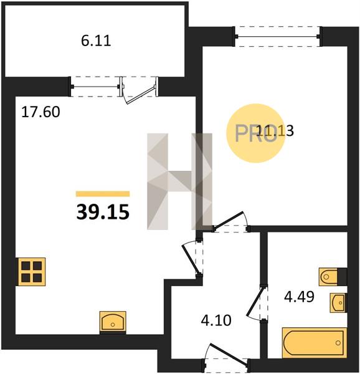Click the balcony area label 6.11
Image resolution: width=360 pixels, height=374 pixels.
coord(96,41)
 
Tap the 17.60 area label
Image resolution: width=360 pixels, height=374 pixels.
coord(40,112)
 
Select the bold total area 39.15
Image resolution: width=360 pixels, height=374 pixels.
coord(103,212)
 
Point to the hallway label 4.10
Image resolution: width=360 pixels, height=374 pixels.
coord(216,320)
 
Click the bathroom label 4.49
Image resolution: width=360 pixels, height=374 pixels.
coord(299,297)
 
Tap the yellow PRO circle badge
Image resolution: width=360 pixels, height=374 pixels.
coord(255,133)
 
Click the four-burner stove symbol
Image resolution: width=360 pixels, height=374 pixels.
coord(31,272)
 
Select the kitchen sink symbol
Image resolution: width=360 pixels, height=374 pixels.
coord(113,322)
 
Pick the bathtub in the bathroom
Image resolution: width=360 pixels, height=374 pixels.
coord(315,343)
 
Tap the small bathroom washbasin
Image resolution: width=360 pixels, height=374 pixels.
coord(338,303)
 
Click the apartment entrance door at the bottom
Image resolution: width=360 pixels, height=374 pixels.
coord(226,358)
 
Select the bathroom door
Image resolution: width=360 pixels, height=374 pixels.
coord(258,303)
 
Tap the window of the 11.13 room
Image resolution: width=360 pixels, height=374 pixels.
coord(278,36)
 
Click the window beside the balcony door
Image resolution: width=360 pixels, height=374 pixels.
coord(95,87)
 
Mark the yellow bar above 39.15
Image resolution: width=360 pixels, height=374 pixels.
coord(103,194)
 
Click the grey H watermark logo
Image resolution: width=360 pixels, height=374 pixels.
coord(179,181)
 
